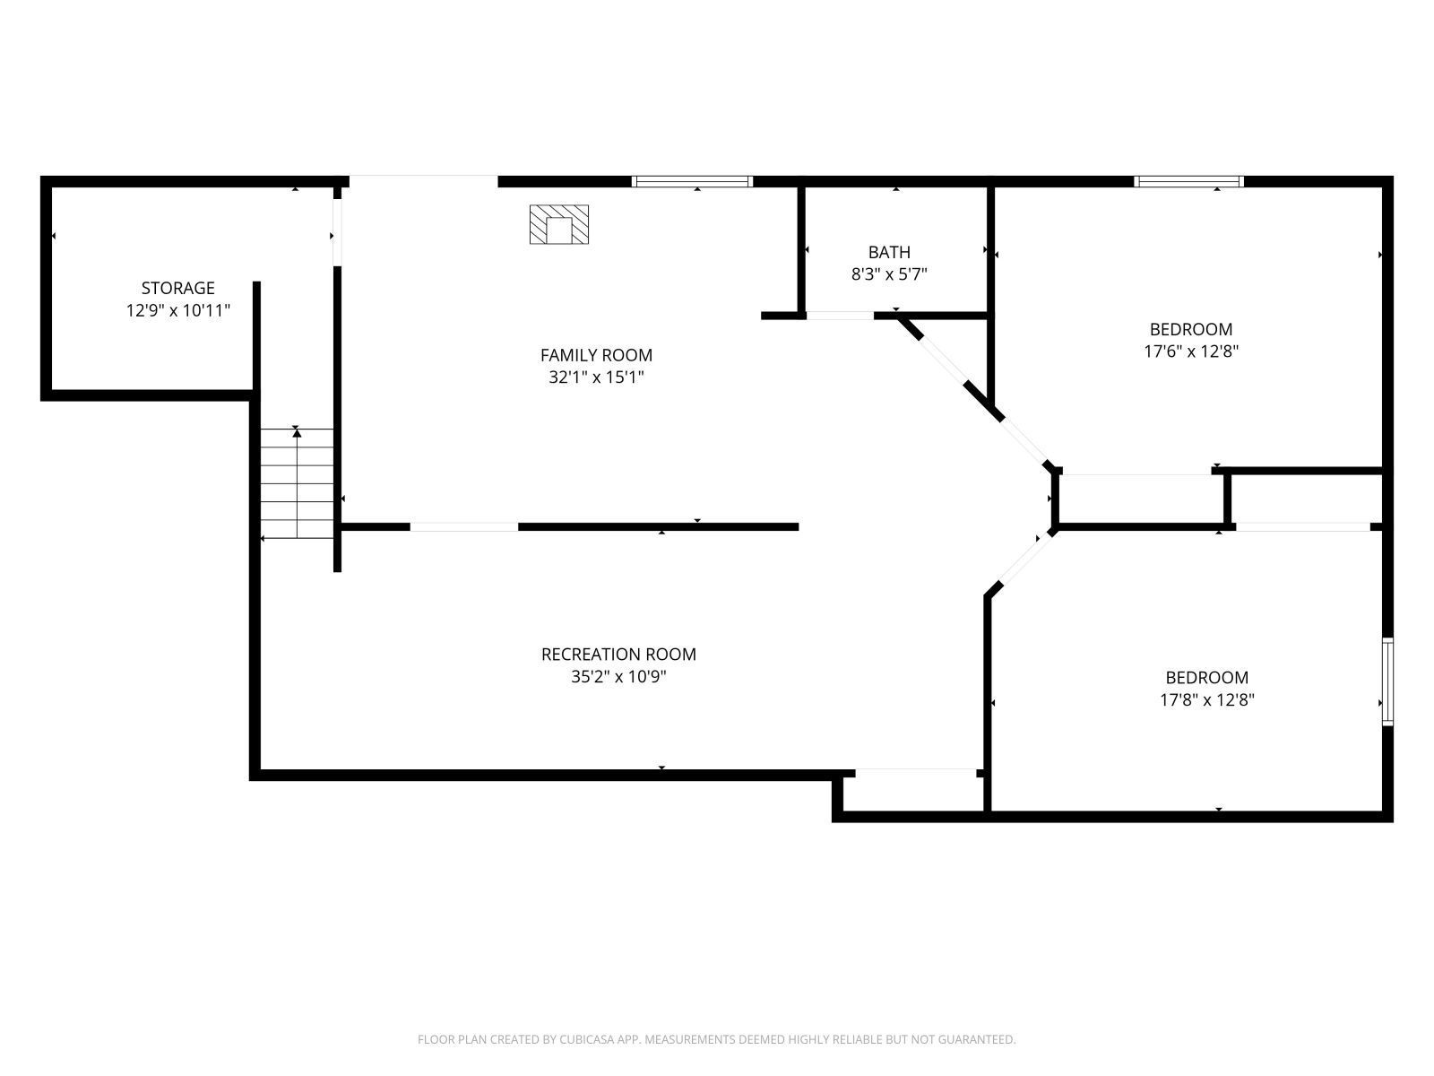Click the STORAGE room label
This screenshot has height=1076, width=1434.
pos(177,288)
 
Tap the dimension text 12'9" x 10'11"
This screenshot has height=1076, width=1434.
pos(177,311)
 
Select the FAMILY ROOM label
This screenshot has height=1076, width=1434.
pos(596,355)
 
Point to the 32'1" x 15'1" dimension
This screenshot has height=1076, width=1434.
pos(596,377)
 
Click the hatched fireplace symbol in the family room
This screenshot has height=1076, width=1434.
pos(559,224)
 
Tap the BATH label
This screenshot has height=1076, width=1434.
pos(889,252)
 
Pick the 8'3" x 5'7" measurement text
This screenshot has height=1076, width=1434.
pos(889,274)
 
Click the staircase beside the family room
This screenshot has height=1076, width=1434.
pos(297,484)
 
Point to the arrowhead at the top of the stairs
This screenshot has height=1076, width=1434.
pos(297,432)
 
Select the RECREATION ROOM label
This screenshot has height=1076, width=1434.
pos(618,655)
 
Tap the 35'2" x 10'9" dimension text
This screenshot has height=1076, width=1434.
pos(618,677)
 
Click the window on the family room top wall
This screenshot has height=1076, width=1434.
pos(692,182)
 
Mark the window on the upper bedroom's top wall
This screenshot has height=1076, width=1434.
pos(1188,182)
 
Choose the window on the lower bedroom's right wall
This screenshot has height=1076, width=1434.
pos(1387,681)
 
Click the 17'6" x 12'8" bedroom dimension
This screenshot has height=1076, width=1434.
pos(1191,351)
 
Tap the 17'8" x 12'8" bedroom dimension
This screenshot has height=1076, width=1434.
pos(1206,700)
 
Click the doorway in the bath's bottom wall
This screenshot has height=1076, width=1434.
pos(840,316)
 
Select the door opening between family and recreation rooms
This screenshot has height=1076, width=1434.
pos(464,527)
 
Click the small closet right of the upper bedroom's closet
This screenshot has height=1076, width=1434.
pos(1306,499)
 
